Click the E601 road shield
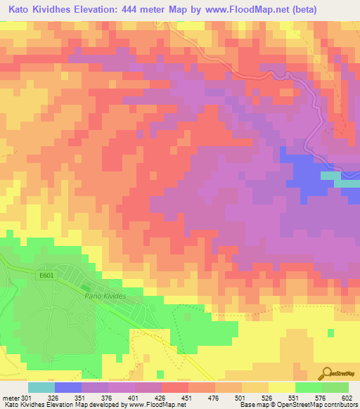[46, 275]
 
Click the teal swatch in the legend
[41, 387]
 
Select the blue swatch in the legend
[67, 387]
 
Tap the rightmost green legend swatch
[335, 387]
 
